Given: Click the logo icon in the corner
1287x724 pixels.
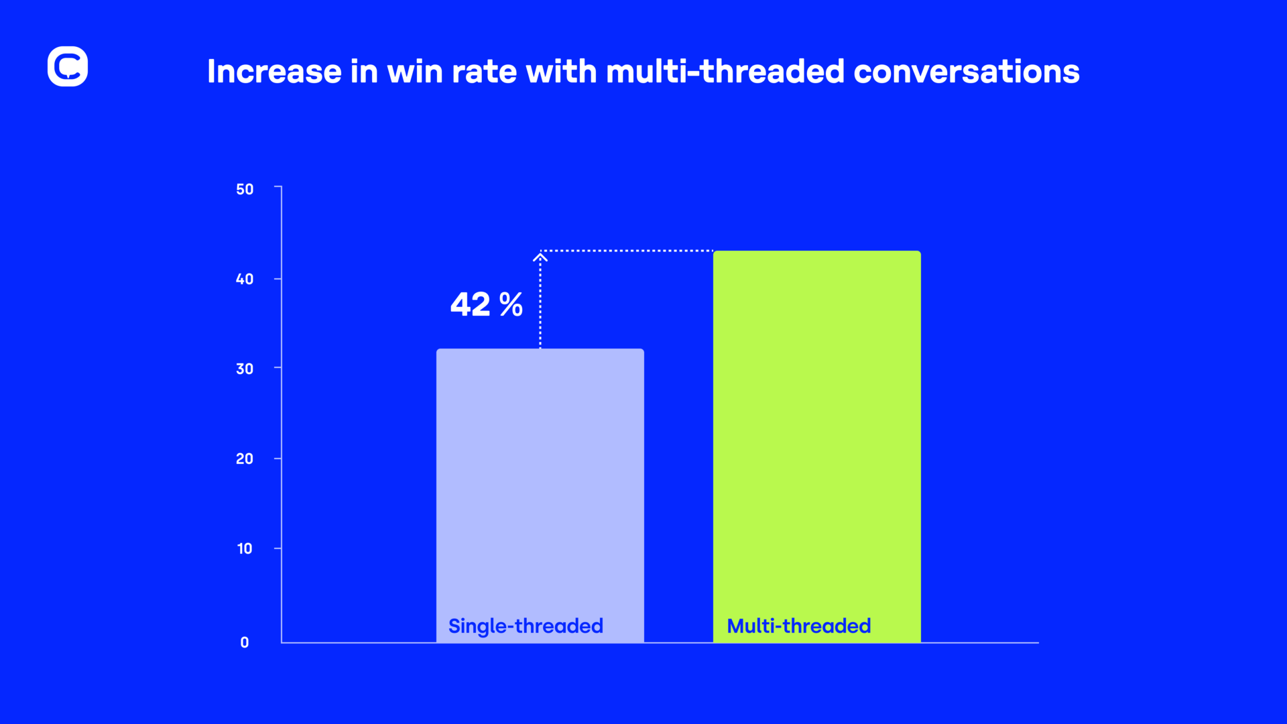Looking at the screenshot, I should coord(68,66).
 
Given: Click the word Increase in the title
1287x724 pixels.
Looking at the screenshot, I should coord(274,71).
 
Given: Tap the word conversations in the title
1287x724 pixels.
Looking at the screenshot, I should coord(966,71).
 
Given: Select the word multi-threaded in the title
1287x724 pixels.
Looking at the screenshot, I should coord(725,71).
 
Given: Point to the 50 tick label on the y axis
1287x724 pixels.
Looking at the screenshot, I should coord(245,189).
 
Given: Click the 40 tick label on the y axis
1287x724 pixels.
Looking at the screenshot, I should coord(245,279).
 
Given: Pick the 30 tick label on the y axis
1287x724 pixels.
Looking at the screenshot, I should coord(245,369).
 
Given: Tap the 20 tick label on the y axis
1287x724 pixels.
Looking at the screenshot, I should coord(245,459).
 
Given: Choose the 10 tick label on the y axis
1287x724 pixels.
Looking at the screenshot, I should coord(245,548).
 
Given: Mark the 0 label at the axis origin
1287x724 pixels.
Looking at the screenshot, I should coord(245,642).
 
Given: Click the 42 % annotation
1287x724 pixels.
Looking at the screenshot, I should coord(486,304).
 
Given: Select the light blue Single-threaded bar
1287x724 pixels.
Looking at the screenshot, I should coord(540,469).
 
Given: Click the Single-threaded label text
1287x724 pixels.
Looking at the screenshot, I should coord(526,625).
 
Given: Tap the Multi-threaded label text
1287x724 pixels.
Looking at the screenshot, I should coord(799,625).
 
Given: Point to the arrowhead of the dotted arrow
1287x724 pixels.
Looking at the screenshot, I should coord(540,255).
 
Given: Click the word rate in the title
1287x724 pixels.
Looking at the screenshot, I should coord(484,71).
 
